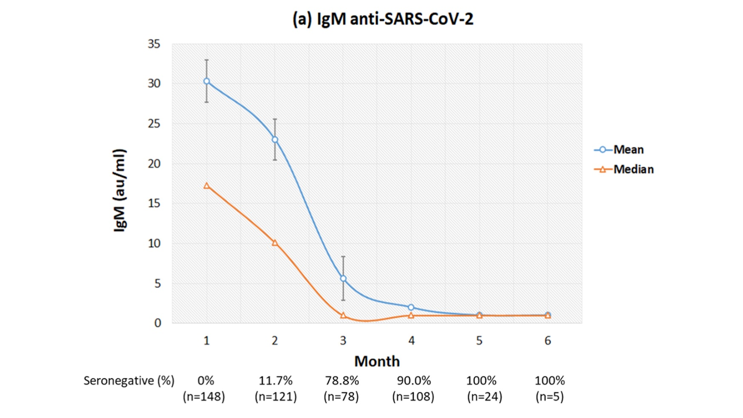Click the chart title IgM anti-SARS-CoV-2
[383, 19]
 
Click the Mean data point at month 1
[207, 81]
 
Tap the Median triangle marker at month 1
[207, 186]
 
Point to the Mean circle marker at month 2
[275, 140]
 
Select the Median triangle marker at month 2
[275, 242]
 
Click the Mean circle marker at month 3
[343, 279]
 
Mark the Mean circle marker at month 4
[411, 307]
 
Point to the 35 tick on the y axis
[154, 44]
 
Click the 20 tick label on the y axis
[154, 163]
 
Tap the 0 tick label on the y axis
[157, 323]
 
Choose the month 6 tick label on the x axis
[547, 341]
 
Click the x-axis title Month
[377, 361]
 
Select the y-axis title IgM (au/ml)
[119, 190]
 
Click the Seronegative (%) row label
[129, 381]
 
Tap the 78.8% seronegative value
[342, 381]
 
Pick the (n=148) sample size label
[204, 397]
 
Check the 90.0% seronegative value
[413, 381]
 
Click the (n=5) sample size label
[549, 397]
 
